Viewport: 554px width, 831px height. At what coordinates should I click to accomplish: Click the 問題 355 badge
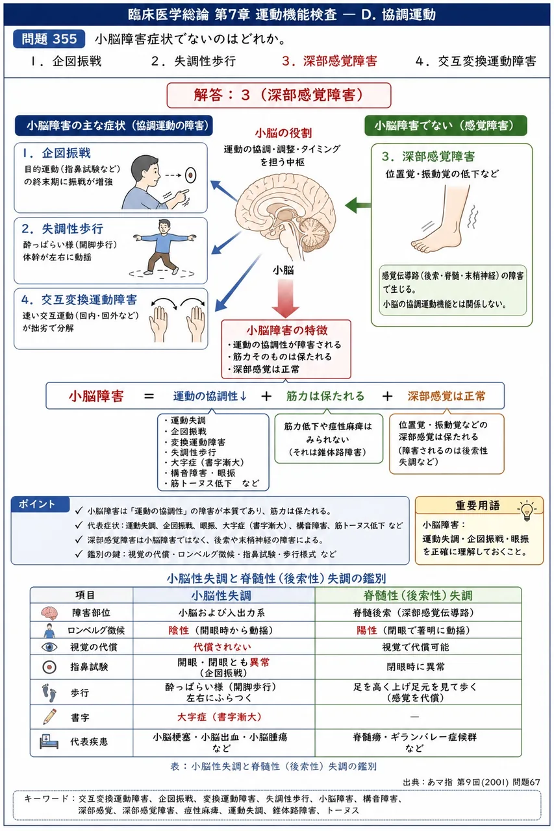(x=49, y=39)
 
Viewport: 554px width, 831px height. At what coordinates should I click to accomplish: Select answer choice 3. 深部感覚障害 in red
(x=329, y=61)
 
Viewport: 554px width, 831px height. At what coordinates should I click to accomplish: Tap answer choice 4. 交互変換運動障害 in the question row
(x=475, y=61)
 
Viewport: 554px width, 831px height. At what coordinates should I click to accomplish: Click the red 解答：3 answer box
(x=279, y=95)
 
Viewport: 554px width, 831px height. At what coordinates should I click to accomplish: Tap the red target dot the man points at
(x=191, y=175)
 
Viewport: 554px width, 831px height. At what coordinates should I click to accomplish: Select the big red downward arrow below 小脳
(x=285, y=298)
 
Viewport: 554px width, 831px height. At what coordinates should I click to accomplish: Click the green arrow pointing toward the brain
(x=358, y=205)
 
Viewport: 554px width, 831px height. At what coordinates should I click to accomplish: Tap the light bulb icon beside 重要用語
(x=527, y=510)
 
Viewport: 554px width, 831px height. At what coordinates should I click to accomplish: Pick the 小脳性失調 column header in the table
(x=221, y=595)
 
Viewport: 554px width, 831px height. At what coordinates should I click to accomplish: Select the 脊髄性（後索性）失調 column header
(x=418, y=595)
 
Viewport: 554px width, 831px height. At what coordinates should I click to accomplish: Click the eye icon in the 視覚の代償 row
(x=49, y=647)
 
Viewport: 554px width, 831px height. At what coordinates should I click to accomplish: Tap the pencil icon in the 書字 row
(x=50, y=717)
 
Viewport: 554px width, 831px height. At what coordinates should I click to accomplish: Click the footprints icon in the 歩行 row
(x=49, y=693)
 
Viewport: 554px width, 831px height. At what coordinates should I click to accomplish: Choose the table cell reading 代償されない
(x=222, y=647)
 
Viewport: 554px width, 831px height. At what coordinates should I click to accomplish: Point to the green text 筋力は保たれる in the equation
(x=325, y=396)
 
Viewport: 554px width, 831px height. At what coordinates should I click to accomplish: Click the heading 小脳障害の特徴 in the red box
(x=287, y=330)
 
